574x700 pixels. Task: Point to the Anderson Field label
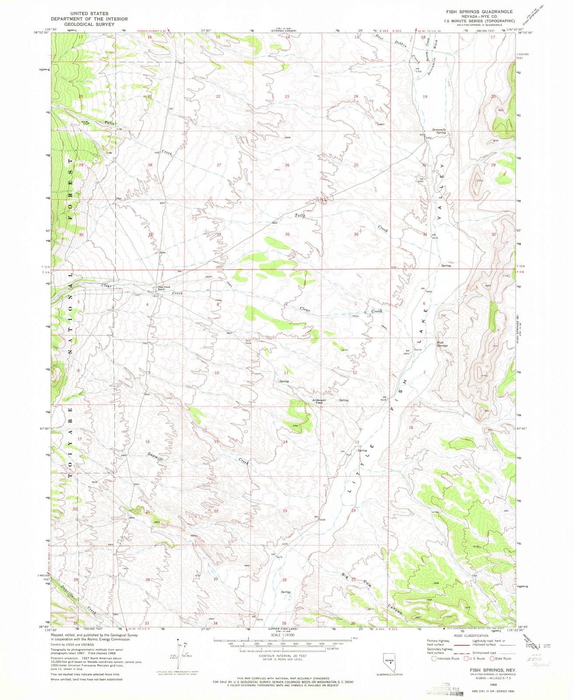coord(319,401)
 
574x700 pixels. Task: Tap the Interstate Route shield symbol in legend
coord(434,658)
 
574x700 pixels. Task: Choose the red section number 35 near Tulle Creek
coord(287,234)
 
